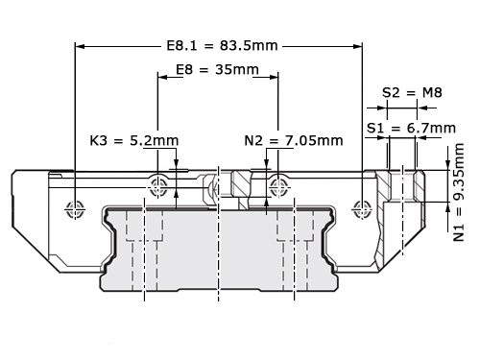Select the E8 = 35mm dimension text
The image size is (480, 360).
(x=218, y=71)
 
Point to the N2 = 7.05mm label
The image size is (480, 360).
(x=294, y=140)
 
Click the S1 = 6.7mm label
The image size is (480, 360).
(x=411, y=127)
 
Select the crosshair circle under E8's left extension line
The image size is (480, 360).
(x=157, y=181)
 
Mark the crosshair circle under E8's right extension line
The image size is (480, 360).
(x=278, y=181)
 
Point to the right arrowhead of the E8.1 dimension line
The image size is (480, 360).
(x=356, y=45)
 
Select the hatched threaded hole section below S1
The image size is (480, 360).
(x=400, y=182)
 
